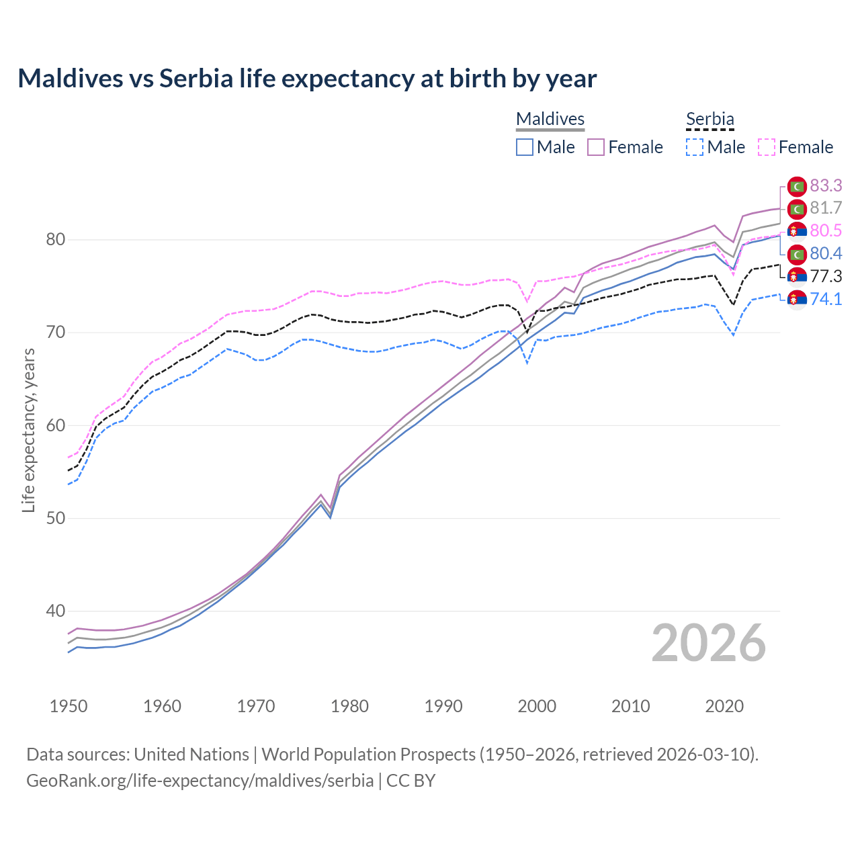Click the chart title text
(x=307, y=79)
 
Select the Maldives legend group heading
(x=550, y=119)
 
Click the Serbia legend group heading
(x=709, y=119)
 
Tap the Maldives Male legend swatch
(x=525, y=147)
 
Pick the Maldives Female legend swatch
(x=596, y=147)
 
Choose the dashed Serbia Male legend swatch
(x=695, y=147)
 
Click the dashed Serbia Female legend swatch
(x=766, y=147)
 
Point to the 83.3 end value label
(x=826, y=185)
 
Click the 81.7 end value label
(x=826, y=208)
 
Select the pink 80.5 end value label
(x=826, y=231)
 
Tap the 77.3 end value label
(x=826, y=277)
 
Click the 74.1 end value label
(x=826, y=300)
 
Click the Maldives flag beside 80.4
(x=797, y=254)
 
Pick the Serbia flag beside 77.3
(x=797, y=277)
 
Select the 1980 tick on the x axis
(x=349, y=706)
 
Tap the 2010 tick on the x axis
(x=630, y=706)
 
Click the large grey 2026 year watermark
(x=708, y=643)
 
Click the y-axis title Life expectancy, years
(x=29, y=430)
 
